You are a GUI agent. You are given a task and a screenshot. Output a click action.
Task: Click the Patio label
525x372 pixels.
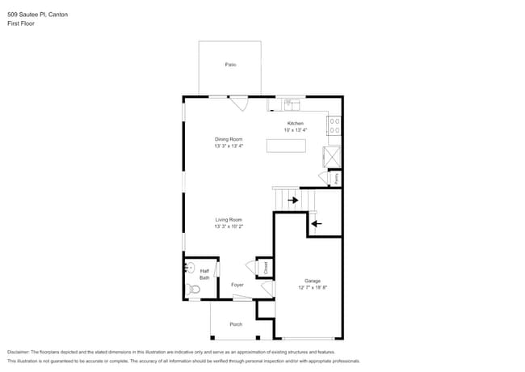pos(230,64)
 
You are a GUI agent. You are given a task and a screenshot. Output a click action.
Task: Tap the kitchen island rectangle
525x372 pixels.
pos(287,146)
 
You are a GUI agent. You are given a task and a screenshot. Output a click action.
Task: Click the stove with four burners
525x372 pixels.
pos(334,125)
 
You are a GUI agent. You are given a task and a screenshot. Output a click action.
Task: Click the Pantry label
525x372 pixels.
pos(335,178)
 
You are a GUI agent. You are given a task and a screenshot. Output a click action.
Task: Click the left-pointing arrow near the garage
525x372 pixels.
pos(317,223)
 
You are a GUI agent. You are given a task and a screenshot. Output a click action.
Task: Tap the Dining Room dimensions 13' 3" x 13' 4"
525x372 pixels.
pos(229,146)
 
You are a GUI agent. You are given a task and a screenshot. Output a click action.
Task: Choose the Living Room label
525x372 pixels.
pos(229,219)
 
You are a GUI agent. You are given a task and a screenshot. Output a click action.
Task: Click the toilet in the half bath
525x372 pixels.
pos(193,289)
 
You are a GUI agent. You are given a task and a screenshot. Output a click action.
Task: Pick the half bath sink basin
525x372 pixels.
pos(191,268)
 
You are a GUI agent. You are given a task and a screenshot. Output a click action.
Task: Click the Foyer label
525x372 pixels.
pos(237,285)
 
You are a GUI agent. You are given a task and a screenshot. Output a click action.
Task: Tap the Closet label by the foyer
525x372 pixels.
pos(264,266)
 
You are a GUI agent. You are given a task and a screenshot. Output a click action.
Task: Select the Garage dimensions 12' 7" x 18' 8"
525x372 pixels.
pos(312,287)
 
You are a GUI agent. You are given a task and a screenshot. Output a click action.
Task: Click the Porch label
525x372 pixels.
pos(236,324)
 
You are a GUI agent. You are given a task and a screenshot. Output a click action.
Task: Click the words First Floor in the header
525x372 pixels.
pos(21,23)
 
